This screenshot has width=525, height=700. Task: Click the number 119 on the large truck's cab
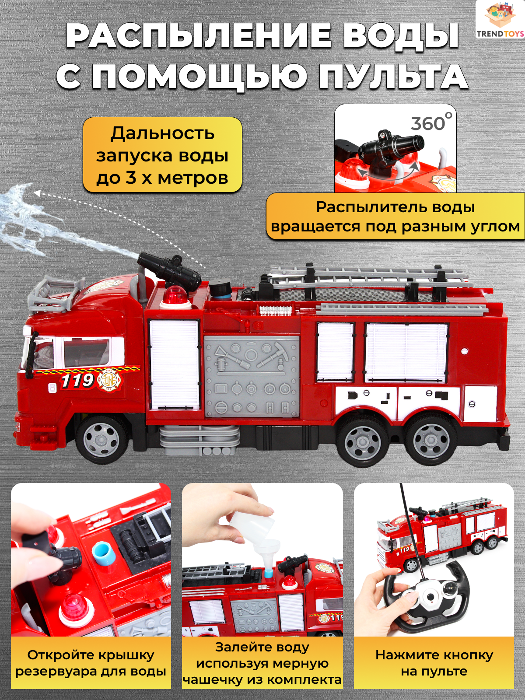coord(77,381)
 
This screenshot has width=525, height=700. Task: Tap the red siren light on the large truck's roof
coord(174,296)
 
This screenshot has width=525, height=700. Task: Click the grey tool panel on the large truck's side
coord(252,376)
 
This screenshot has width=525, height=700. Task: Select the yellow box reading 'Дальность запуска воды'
coord(162,155)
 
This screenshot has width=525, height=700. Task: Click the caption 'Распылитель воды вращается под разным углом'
coord(395,217)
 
